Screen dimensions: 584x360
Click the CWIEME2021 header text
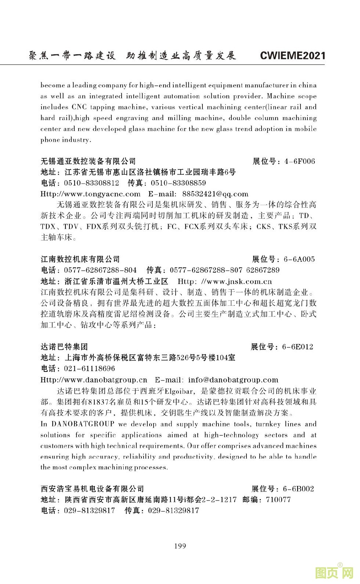(x=292, y=56)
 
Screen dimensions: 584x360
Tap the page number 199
(x=180, y=546)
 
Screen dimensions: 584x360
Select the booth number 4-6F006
(x=300, y=162)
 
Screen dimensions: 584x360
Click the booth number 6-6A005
(x=299, y=260)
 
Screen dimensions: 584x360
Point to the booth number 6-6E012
(x=298, y=347)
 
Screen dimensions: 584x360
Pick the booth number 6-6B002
(x=298, y=489)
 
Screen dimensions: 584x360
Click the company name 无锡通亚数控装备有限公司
(x=88, y=161)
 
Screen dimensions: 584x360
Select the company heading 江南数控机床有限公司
(x=80, y=260)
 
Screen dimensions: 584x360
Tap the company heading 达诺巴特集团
(x=64, y=347)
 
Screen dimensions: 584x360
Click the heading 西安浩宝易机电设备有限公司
(x=92, y=489)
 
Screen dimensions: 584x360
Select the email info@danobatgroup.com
(x=233, y=380)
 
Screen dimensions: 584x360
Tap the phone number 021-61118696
(x=89, y=369)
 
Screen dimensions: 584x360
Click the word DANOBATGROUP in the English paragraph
(x=83, y=424)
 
